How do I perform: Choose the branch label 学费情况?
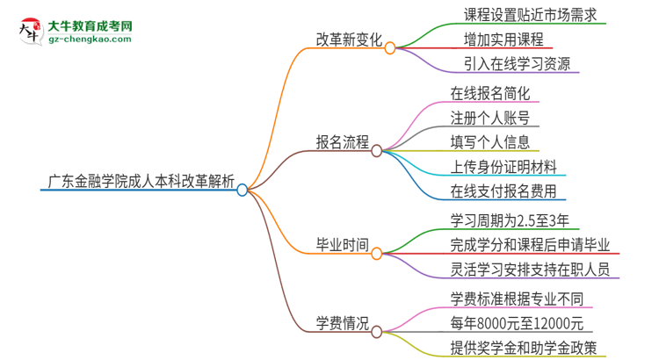click(342, 325)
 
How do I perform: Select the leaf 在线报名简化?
click(490, 93)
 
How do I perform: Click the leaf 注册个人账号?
click(489, 118)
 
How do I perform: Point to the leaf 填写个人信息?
click(489, 142)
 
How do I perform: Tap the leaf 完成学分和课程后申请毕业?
click(529, 244)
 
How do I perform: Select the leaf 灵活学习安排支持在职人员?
click(529, 269)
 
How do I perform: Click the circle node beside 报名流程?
click(376, 150)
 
